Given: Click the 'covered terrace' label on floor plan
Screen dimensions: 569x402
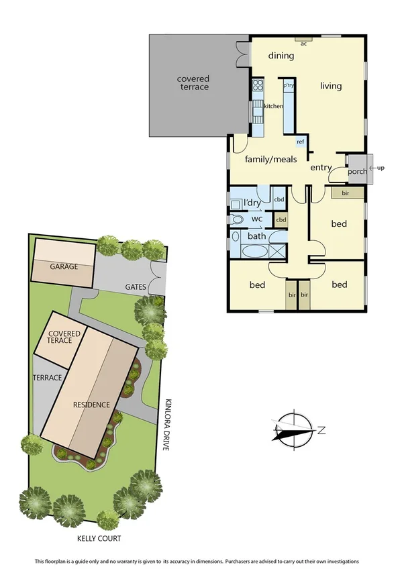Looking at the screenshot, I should (x=193, y=83).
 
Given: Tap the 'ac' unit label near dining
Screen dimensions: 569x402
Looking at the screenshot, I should (x=303, y=44).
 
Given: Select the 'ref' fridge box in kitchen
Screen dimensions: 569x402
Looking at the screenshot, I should (x=300, y=142).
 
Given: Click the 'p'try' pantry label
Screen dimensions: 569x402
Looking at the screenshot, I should (x=289, y=86).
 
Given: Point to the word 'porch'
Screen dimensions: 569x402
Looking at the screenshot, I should (x=357, y=171).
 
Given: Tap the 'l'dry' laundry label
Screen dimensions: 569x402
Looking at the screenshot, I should (x=252, y=203).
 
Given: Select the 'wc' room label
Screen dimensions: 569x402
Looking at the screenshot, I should (x=256, y=219).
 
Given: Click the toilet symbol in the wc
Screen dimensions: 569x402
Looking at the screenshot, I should (x=237, y=219).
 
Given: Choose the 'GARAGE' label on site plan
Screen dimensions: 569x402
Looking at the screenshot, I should (x=64, y=266).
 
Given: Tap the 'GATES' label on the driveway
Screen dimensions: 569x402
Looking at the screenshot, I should (x=135, y=287).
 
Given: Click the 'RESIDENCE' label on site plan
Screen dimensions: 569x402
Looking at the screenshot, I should (x=91, y=405).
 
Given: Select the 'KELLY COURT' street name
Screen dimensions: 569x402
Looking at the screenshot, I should (x=99, y=538).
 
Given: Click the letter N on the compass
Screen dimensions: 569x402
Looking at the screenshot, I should (x=321, y=430).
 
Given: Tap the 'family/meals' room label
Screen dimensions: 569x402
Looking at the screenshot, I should (x=270, y=160).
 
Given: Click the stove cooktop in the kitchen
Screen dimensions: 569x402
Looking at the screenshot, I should (x=257, y=85).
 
